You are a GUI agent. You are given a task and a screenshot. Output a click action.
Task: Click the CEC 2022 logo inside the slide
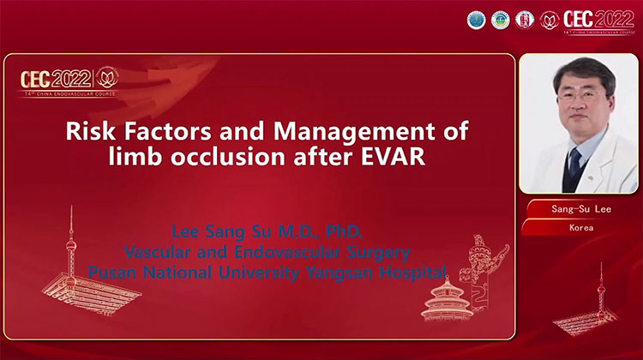coord(69,78)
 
